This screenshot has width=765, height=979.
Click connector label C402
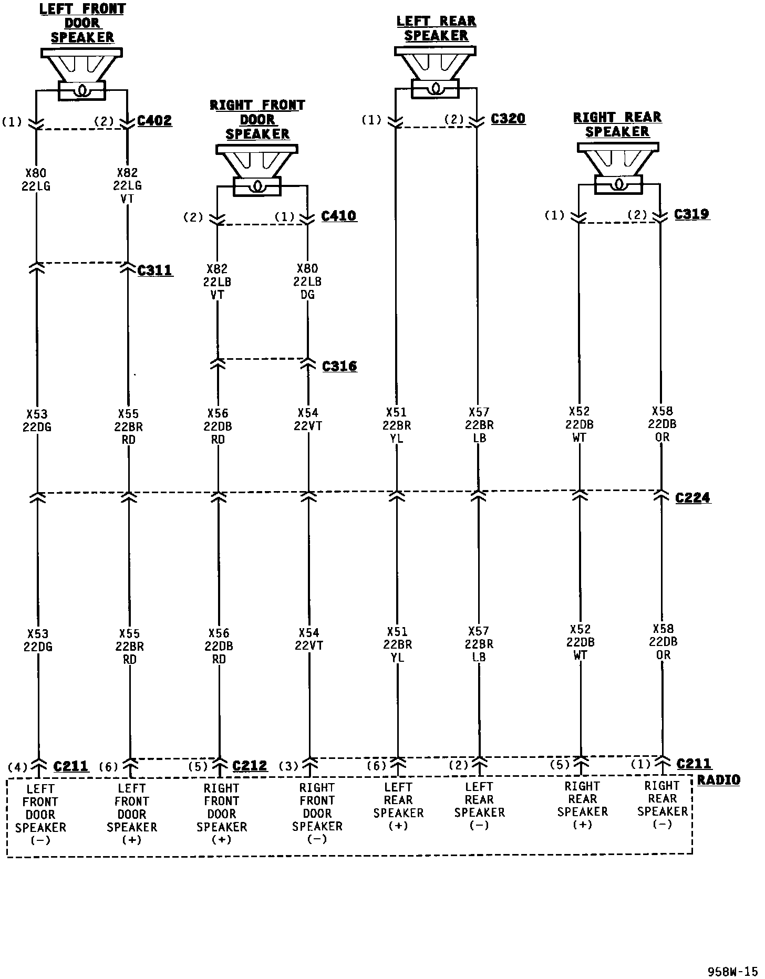click(154, 121)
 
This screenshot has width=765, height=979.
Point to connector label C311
click(154, 270)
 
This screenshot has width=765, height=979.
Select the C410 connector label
click(339, 216)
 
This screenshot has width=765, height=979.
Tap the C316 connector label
click(339, 366)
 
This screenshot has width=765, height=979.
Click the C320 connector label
click(508, 119)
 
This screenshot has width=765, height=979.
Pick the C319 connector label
click(692, 214)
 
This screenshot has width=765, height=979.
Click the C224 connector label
click(692, 497)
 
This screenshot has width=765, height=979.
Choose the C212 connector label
click(250, 766)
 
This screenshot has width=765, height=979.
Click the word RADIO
click(718, 780)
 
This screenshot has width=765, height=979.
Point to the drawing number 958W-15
click(732, 971)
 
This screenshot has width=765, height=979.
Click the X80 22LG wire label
click(37, 179)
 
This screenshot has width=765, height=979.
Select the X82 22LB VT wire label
click(218, 282)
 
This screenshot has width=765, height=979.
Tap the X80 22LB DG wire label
click(307, 282)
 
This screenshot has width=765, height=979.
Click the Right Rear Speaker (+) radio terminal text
click(582, 805)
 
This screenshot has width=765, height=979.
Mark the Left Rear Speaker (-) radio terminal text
click(479, 806)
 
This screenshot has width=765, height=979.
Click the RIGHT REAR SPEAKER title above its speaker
click(617, 124)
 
